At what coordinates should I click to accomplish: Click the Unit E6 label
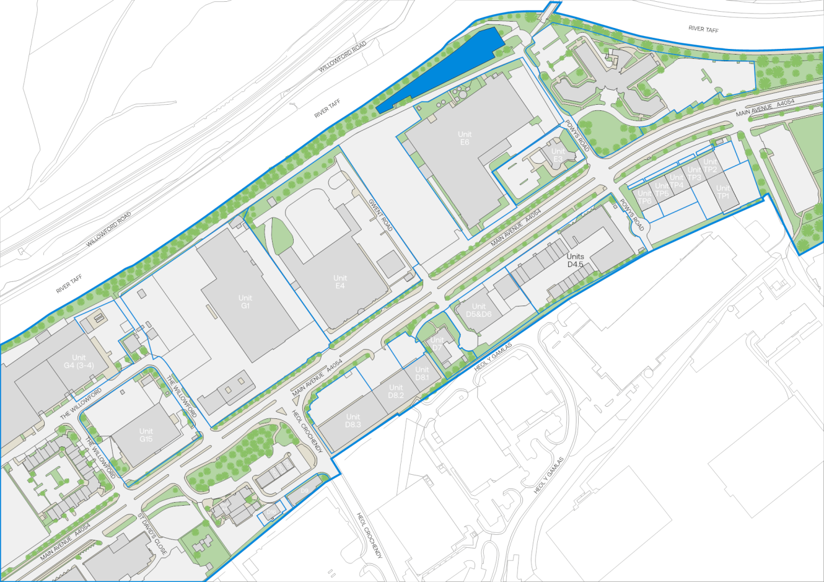pyautogui.click(x=465, y=138)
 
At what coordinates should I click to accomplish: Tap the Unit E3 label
pyautogui.click(x=558, y=155)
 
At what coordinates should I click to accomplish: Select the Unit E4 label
pyautogui.click(x=340, y=282)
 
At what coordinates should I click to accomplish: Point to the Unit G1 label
pyautogui.click(x=245, y=302)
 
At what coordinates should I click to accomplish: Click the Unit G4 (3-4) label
pyautogui.click(x=79, y=361)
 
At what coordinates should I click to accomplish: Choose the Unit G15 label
pyautogui.click(x=146, y=435)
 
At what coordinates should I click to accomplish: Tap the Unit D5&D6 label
pyautogui.click(x=479, y=311)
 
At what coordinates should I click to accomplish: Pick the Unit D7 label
pyautogui.click(x=437, y=343)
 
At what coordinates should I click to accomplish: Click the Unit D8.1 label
pyautogui.click(x=422, y=374)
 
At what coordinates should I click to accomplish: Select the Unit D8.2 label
pyautogui.click(x=396, y=392)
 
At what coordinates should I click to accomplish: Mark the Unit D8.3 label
pyautogui.click(x=353, y=421)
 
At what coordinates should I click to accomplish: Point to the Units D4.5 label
pyautogui.click(x=576, y=260)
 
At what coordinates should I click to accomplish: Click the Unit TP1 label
pyautogui.click(x=723, y=192)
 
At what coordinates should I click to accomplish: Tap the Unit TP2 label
pyautogui.click(x=710, y=166)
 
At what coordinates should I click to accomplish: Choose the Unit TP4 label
pyautogui.click(x=677, y=182)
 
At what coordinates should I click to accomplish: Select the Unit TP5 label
pyautogui.click(x=662, y=190)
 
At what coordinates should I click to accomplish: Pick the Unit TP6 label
pyautogui.click(x=645, y=197)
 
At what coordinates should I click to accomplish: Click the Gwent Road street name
pyautogui.click(x=381, y=214)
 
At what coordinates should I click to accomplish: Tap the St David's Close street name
pyautogui.click(x=152, y=532)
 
